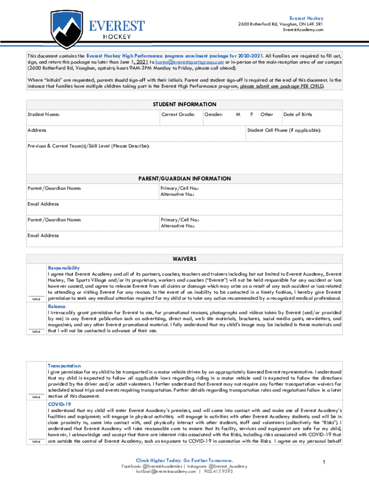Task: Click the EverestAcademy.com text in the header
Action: pos(303,30)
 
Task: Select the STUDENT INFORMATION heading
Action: pos(184,104)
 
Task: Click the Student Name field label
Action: pos(44,114)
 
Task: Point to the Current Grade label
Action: pos(178,114)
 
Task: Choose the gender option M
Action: pos(238,114)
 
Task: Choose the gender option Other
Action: pos(266,114)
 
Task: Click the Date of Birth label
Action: pos(298,114)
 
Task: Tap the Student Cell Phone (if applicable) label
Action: pos(284,130)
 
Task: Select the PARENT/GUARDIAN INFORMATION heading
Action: pos(184,178)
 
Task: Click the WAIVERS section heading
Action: pos(184,259)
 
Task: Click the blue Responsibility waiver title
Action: pos(64,267)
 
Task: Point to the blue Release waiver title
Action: pos(57,306)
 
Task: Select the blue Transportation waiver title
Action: pos(64,366)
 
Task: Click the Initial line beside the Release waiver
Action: pos(36,330)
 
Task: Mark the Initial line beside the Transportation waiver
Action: pos(36,395)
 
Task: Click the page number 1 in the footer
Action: pos(324,462)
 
